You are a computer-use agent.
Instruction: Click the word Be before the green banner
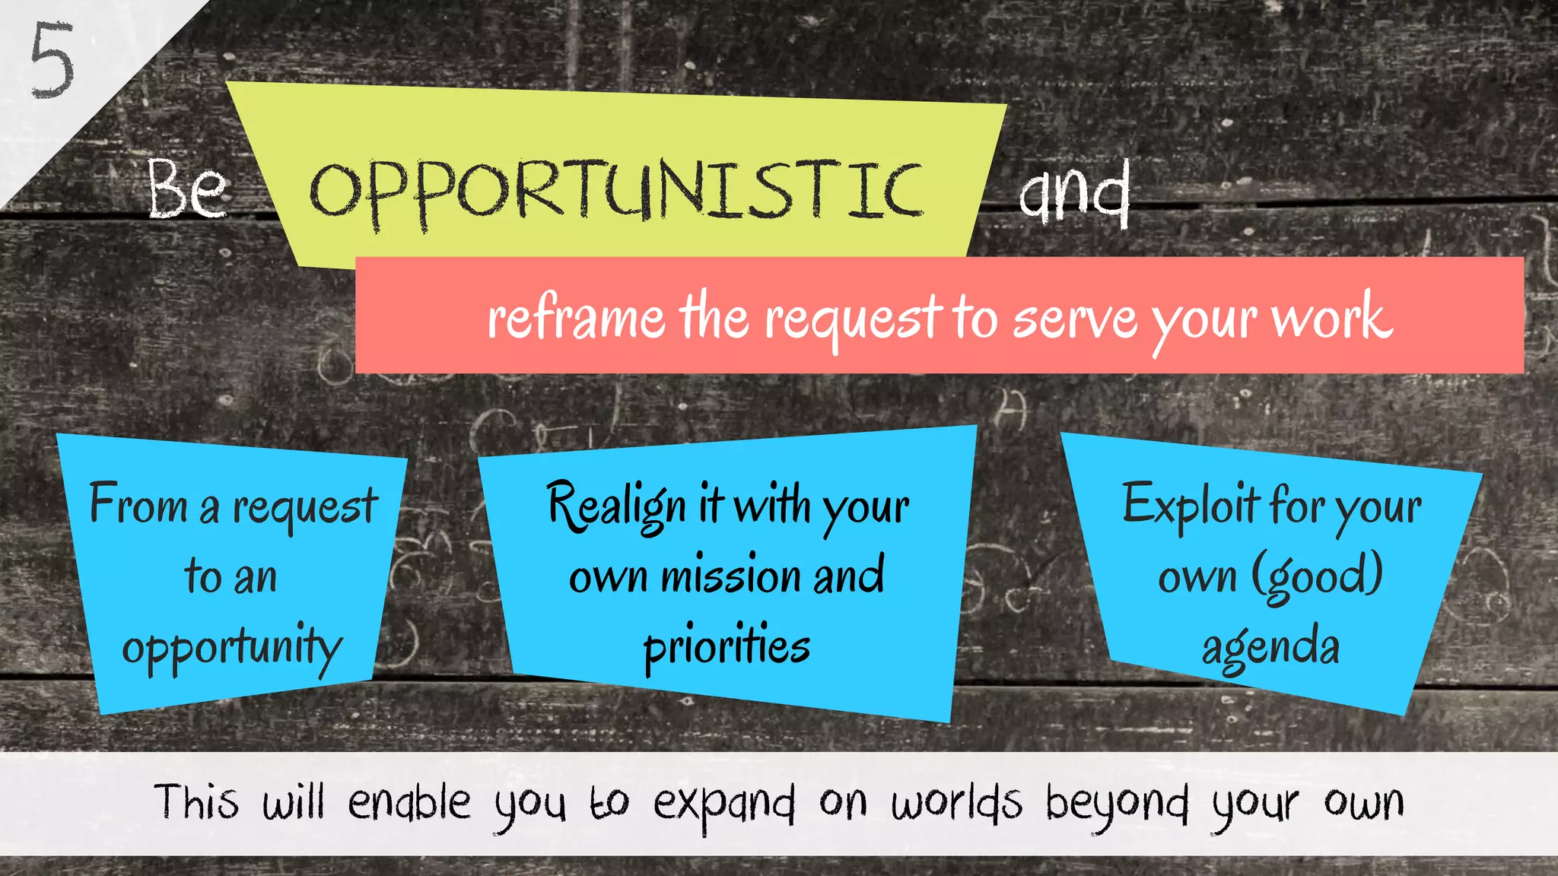[x=187, y=190]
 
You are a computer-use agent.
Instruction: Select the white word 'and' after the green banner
[x=1074, y=193]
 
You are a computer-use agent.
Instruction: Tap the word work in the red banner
[x=1332, y=318]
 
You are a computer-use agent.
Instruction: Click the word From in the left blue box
[x=138, y=504]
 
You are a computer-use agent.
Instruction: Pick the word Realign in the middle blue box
[x=617, y=506]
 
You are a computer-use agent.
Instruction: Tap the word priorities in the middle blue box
[x=727, y=647]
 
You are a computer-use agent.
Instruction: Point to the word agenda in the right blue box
[x=1270, y=647]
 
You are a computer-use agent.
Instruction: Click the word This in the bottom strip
[x=196, y=803]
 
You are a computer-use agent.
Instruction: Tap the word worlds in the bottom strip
[x=957, y=803]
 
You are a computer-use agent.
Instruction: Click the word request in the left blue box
[x=305, y=508]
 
